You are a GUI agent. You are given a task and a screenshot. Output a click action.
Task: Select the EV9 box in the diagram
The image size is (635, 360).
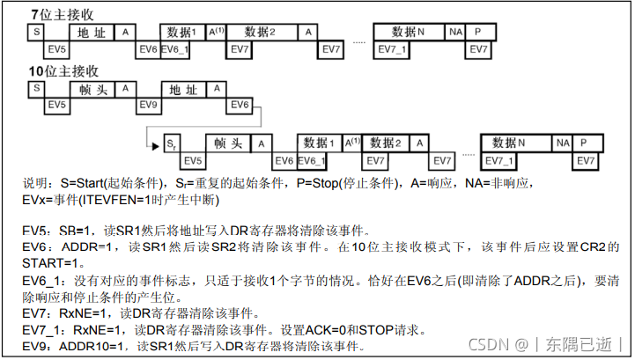[149, 106]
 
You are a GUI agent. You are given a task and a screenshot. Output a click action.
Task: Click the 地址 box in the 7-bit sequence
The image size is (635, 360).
[91, 33]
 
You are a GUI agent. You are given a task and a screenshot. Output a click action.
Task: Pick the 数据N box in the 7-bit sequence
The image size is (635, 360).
[408, 33]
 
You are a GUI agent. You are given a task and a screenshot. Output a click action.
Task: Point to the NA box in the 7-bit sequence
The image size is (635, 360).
[454, 33]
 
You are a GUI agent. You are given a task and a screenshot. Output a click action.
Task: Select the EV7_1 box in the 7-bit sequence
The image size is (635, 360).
[394, 48]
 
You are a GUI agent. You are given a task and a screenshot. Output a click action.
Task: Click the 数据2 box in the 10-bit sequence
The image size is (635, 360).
[384, 143]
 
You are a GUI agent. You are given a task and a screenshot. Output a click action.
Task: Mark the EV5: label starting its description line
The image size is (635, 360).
[39, 229]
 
